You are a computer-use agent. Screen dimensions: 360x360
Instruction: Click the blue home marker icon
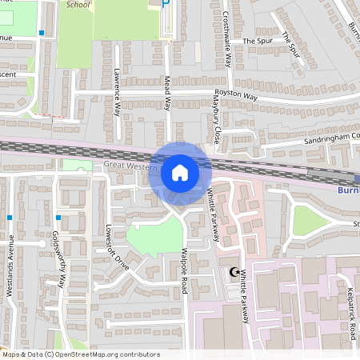click(180, 172)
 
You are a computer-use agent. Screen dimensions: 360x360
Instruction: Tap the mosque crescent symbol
click(234, 273)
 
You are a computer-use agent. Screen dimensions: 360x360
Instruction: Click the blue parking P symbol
click(166, 3)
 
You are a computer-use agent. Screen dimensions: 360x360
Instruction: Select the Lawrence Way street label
click(117, 93)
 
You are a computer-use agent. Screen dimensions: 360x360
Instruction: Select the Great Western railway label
click(128, 165)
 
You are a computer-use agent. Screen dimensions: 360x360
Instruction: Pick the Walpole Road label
click(184, 274)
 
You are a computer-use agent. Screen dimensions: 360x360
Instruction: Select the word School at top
click(78, 4)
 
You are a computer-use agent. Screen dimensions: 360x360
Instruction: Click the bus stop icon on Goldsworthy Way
click(58, 217)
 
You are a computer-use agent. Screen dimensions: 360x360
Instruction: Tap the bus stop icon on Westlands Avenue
click(9, 217)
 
